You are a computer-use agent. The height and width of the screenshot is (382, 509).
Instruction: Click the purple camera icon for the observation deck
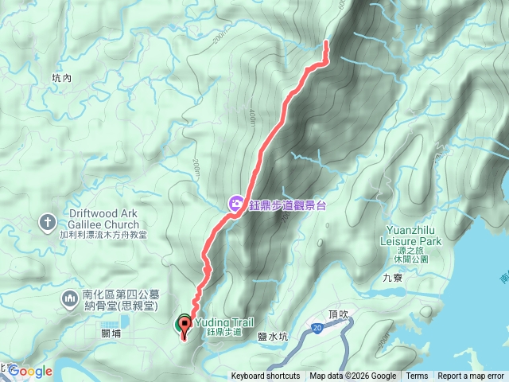[x=236, y=204]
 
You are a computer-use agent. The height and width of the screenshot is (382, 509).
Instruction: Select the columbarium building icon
[x=70, y=298]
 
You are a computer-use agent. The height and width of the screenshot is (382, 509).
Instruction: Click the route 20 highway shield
[x=317, y=327]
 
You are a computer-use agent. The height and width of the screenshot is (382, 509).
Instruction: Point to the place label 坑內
[x=61, y=78]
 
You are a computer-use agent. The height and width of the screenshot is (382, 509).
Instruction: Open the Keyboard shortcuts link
[x=266, y=376]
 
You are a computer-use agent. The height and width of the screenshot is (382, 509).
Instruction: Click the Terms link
[x=417, y=376]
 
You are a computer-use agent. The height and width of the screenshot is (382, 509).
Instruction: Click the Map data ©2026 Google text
[x=353, y=376]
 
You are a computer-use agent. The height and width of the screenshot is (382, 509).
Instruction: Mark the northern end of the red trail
[x=325, y=43]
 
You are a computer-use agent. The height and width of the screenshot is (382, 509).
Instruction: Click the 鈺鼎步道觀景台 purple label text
[x=286, y=205]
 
